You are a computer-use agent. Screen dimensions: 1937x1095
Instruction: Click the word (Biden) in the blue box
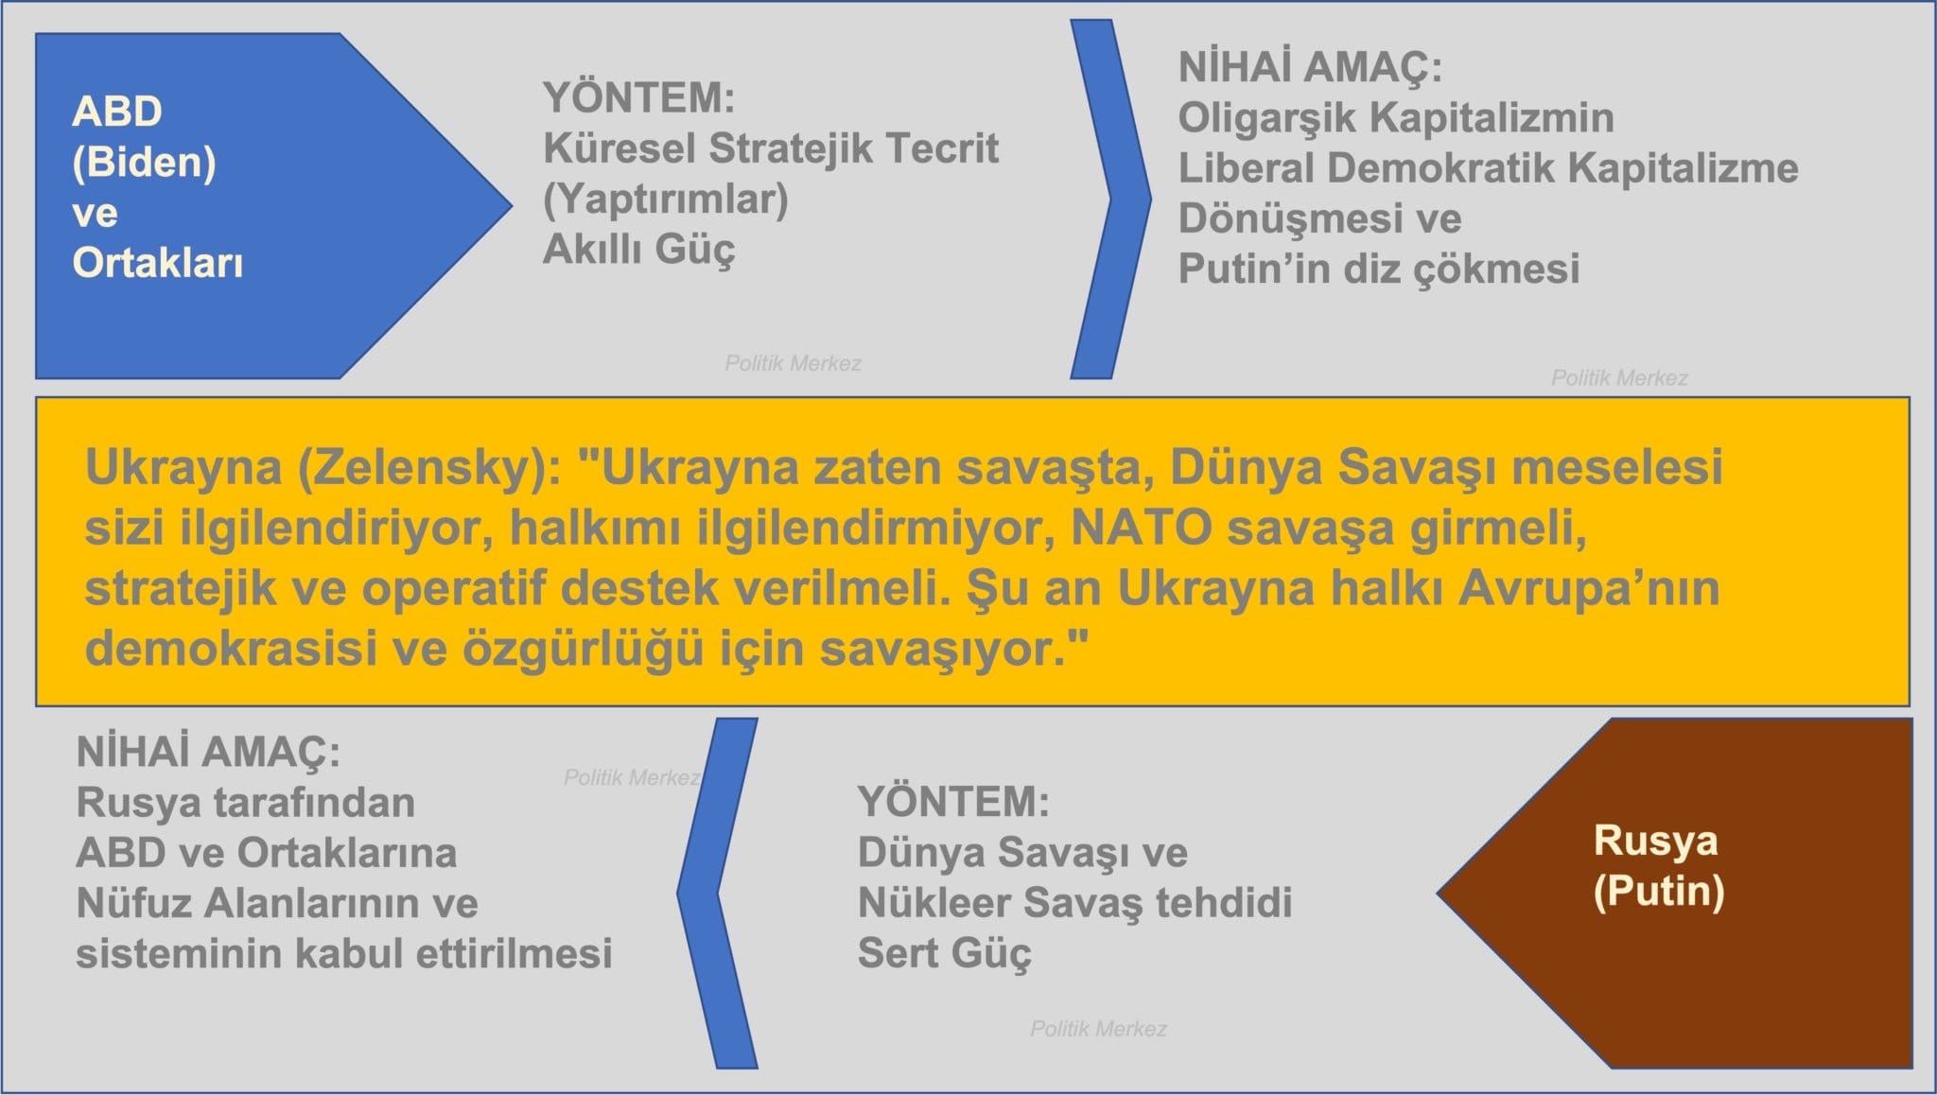[144, 163]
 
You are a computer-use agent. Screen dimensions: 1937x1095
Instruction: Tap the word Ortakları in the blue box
[158, 263]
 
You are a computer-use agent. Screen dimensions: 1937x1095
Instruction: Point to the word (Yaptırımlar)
[666, 200]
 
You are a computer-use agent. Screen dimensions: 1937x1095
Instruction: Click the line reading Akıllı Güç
[638, 250]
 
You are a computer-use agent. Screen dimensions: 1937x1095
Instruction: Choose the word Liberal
[1246, 168]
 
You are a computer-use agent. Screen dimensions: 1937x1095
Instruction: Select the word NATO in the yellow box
[1142, 528]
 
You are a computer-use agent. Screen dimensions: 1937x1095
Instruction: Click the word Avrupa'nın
[1589, 588]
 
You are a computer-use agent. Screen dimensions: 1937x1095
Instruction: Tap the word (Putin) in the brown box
[1659, 892]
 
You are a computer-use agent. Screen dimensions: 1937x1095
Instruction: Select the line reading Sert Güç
[944, 953]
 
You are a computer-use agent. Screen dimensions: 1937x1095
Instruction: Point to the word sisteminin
[179, 953]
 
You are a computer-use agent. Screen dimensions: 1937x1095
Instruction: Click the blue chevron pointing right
[1110, 199]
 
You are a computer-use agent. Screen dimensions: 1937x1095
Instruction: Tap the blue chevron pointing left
[718, 894]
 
